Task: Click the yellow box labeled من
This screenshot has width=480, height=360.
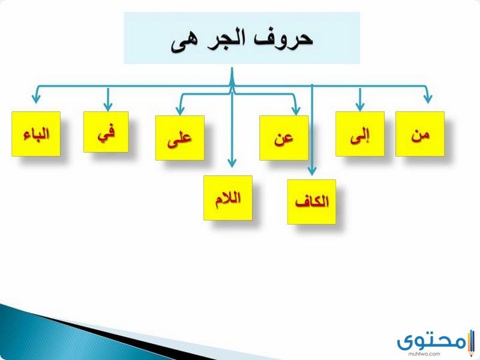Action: [420, 134]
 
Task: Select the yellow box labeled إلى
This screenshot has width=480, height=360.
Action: [359, 134]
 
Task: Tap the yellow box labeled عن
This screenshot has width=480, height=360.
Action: [284, 138]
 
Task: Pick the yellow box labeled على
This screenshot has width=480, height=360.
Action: [180, 138]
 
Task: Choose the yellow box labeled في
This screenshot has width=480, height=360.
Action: [106, 132]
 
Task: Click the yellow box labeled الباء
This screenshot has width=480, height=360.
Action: [36, 134]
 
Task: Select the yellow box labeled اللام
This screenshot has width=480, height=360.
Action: [228, 198]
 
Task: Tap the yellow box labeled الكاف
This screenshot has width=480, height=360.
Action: [311, 202]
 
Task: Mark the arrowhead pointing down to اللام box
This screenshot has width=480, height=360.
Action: [232, 163]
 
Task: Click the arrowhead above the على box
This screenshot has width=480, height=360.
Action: [181, 109]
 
